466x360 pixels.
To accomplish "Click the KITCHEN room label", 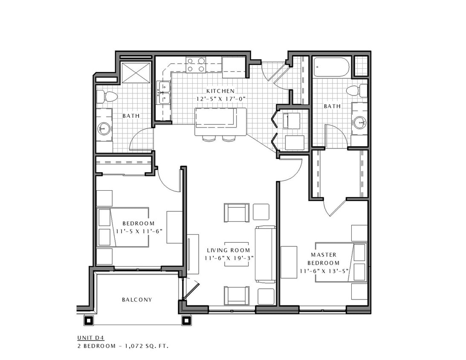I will [220, 91].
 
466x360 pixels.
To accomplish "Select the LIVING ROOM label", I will [228, 250].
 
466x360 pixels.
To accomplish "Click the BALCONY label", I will [137, 299].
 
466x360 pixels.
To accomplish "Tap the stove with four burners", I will [196, 65].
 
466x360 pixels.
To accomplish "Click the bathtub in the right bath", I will [331, 67].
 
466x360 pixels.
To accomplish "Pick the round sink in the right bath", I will [359, 123].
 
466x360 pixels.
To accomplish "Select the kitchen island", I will [220, 122].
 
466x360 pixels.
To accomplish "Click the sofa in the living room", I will [265, 254].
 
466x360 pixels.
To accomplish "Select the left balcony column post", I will [90, 320].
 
